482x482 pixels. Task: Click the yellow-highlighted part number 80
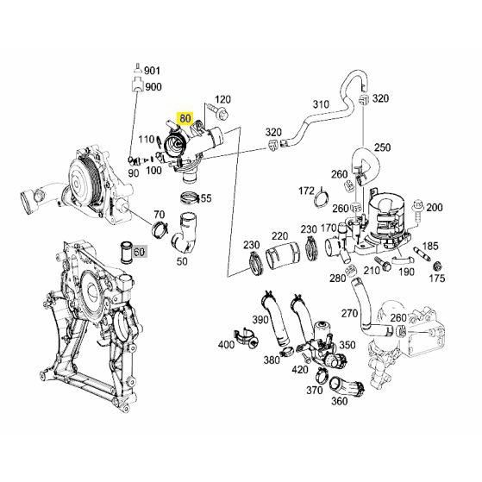[185, 118]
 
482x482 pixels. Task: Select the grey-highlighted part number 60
[139, 252]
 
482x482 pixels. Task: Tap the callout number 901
[152, 71]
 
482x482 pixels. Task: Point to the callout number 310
[321, 104]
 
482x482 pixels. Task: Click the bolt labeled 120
[218, 112]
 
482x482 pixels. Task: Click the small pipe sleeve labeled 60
[126, 253]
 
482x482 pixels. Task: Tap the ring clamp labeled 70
[160, 229]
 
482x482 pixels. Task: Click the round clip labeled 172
[322, 198]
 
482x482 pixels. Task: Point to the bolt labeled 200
[417, 210]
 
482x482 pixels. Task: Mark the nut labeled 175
[437, 266]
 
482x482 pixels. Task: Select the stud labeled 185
[422, 253]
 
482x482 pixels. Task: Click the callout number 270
[349, 314]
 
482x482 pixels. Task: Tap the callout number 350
[347, 345]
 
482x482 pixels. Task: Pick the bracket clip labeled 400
[246, 338]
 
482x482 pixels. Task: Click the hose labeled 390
[275, 318]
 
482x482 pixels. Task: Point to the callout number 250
[382, 147]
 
